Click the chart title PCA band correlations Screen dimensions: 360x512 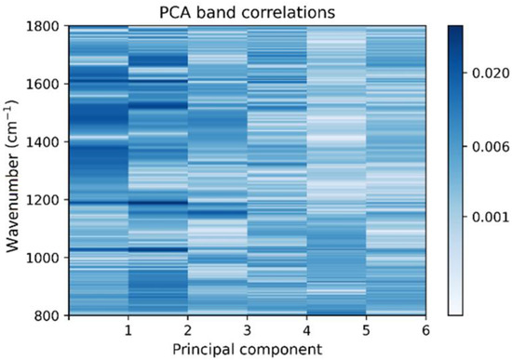coord(247,11)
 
